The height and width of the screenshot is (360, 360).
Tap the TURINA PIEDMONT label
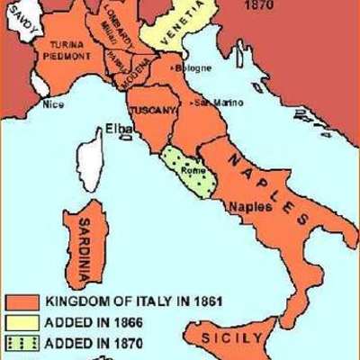67,49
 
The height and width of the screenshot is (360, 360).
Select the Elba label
119,127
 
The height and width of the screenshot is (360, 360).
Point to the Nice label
55,103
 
